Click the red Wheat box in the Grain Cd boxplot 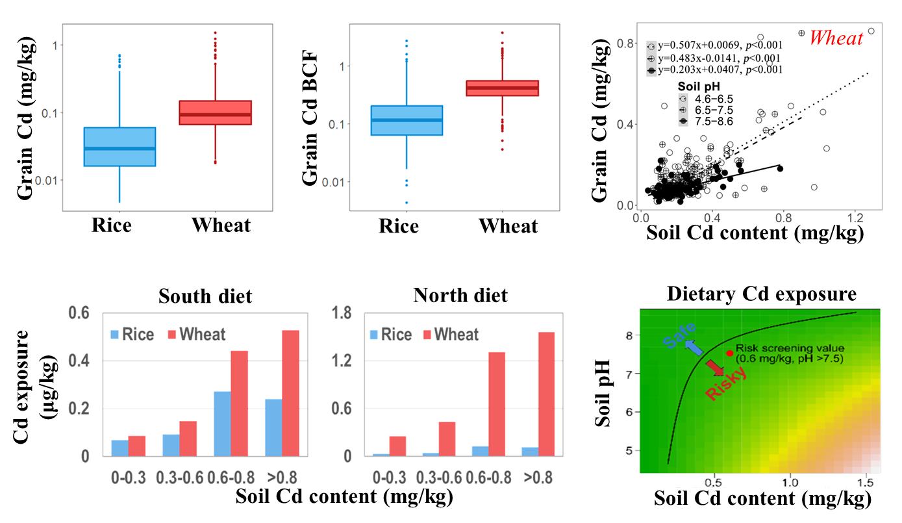tap(215, 112)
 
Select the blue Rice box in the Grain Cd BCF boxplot tap(407, 120)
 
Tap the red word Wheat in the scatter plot tap(836, 38)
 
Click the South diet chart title tap(205, 296)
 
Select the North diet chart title tap(460, 296)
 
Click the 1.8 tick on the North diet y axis tap(344, 313)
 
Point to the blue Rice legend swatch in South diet tap(115, 335)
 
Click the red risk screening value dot tap(730, 353)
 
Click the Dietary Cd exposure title tap(761, 294)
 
